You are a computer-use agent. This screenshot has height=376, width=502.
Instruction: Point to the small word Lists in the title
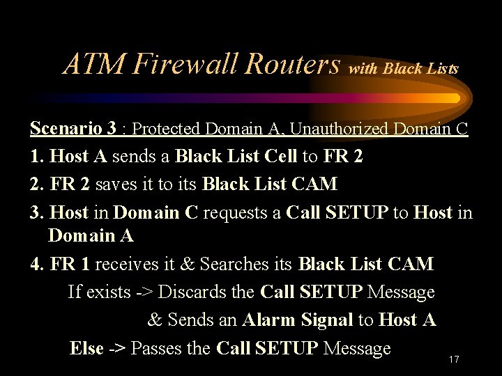tap(443, 69)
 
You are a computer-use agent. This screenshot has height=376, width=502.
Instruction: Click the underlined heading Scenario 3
tap(73, 129)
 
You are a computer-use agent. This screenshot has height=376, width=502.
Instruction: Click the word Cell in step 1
tap(281, 157)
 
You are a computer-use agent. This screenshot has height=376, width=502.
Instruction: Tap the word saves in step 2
tap(118, 185)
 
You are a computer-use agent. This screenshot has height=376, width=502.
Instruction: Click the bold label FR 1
tap(69, 265)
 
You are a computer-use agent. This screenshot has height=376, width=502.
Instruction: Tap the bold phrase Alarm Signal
tap(297, 320)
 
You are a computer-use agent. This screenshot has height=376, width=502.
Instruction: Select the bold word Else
tap(86, 347)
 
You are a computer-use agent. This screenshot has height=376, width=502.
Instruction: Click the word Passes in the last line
tap(157, 347)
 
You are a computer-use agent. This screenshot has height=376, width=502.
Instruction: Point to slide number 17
tap(453, 360)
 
